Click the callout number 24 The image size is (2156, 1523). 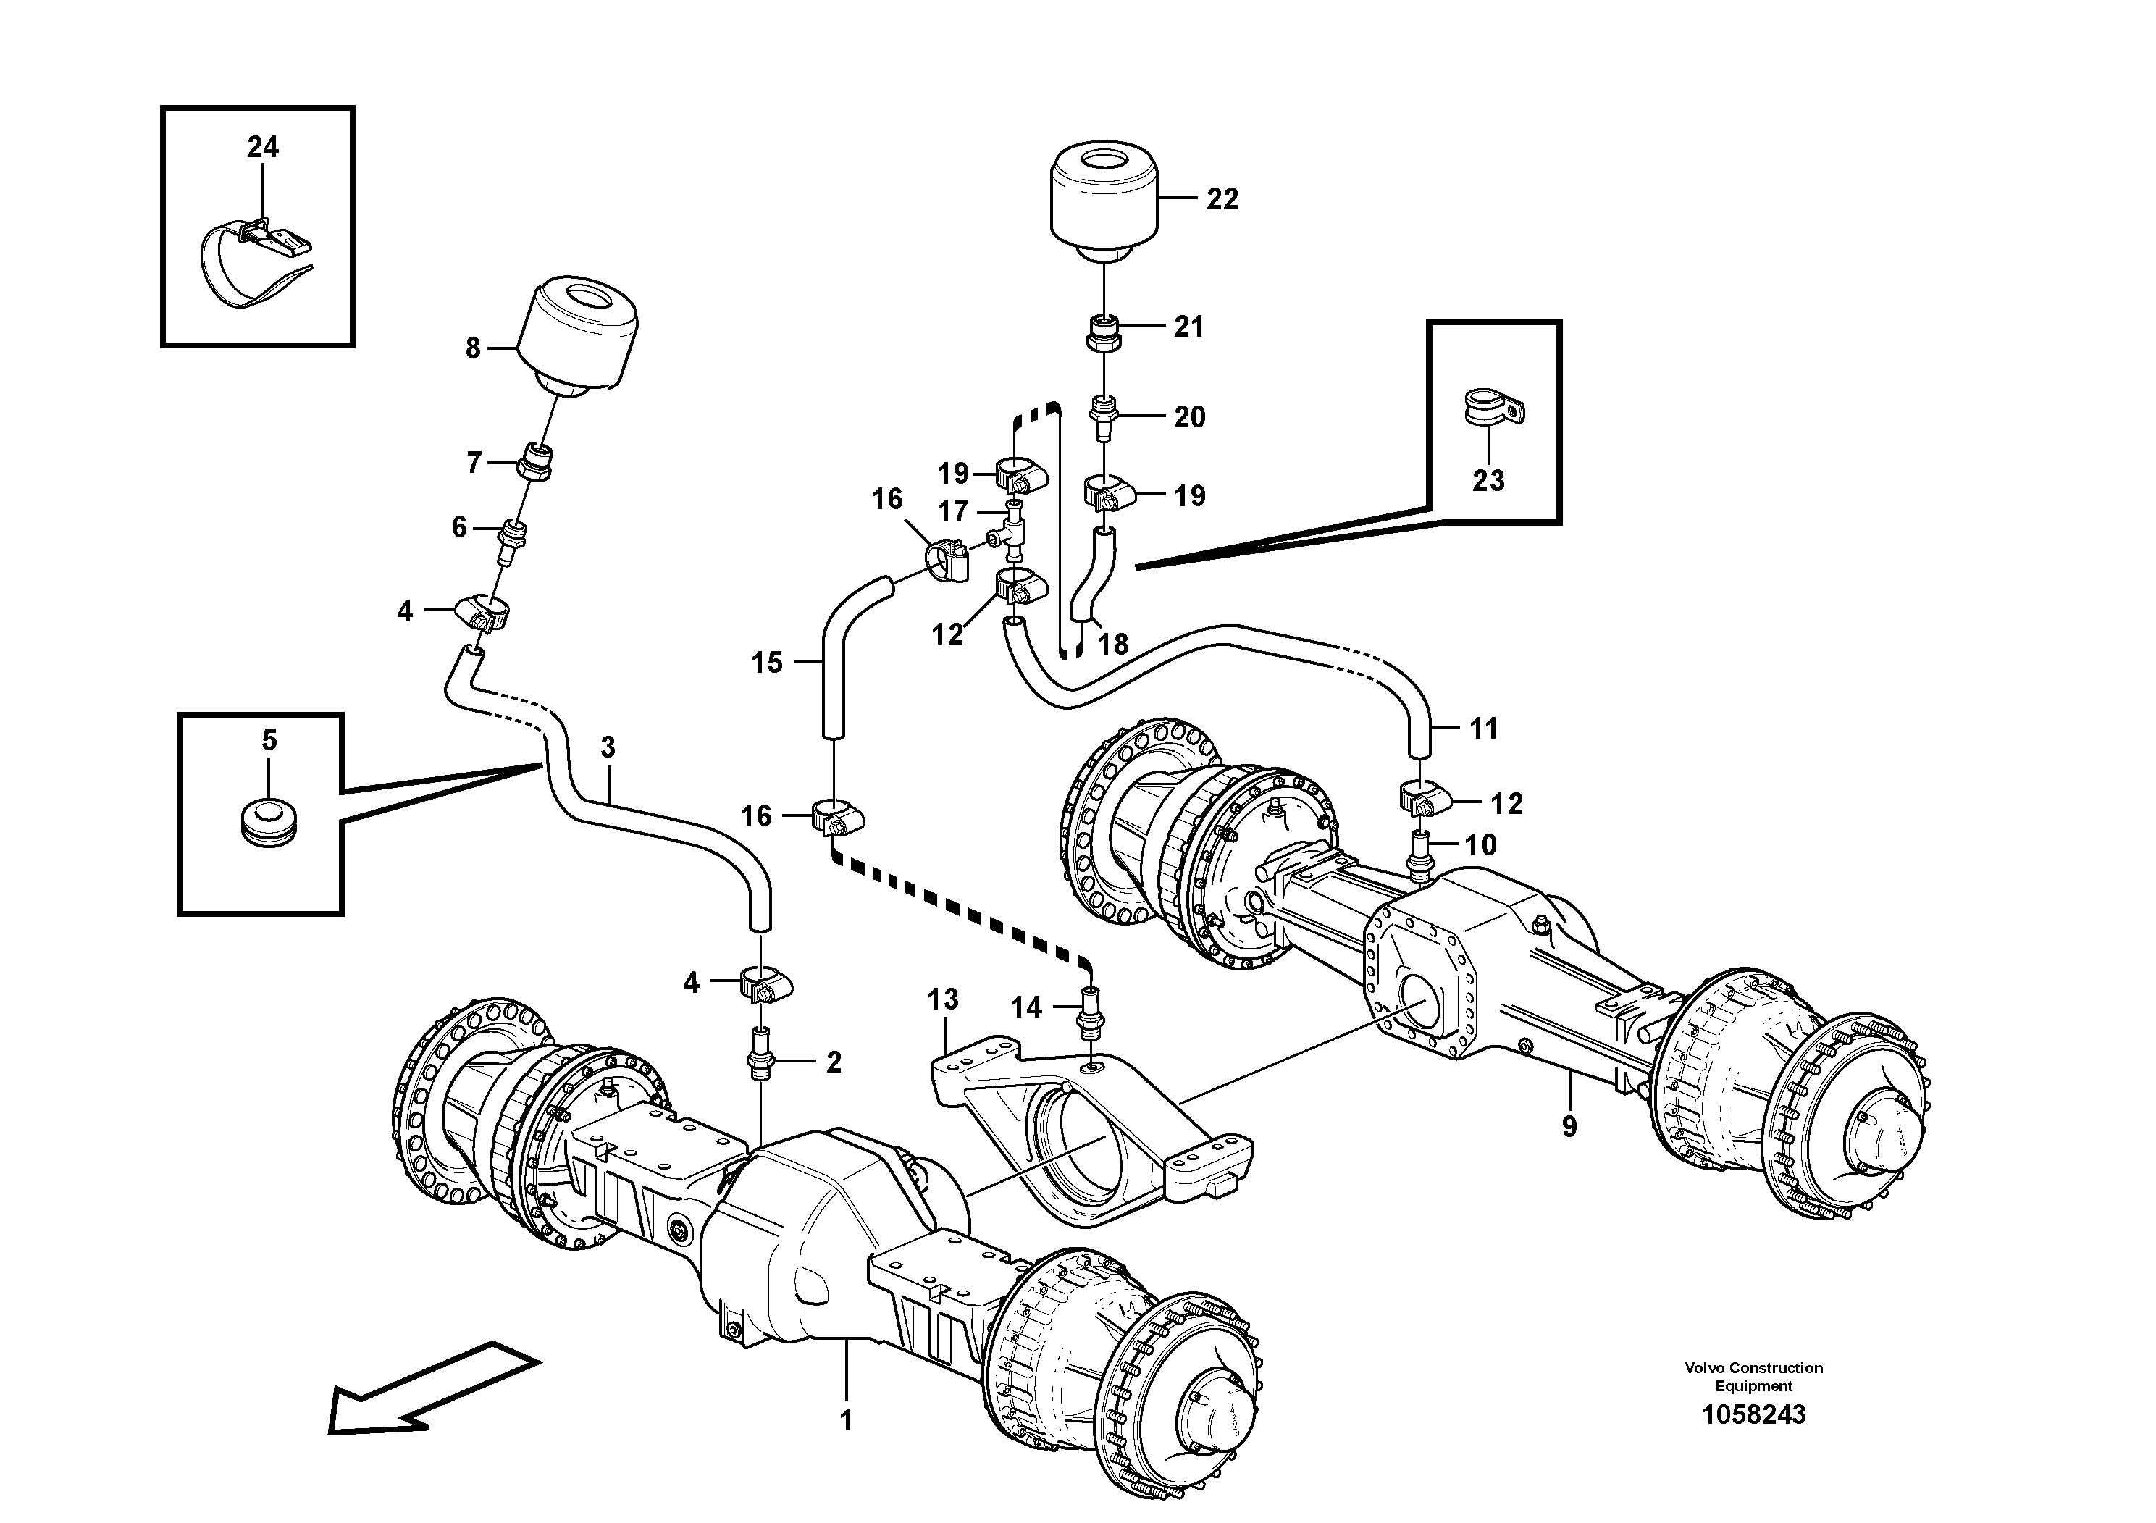click(263, 148)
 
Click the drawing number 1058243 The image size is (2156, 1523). click(1753, 1414)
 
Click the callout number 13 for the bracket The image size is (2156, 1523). click(943, 999)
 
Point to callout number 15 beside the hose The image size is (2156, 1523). click(766, 663)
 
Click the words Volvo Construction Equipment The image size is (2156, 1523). click(1753, 1377)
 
